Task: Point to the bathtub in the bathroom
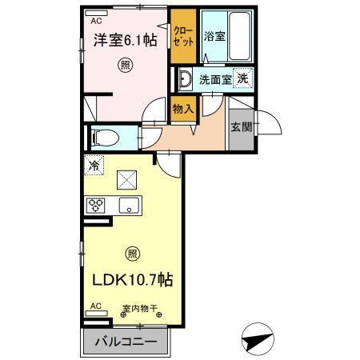coord(238,35)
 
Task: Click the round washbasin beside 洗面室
coord(185,78)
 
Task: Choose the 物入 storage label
coord(182,109)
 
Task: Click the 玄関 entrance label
coord(240,126)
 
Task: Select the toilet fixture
coord(102,137)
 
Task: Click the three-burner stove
coord(98,205)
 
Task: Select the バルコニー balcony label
coord(127,342)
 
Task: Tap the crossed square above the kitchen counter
coord(126,179)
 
